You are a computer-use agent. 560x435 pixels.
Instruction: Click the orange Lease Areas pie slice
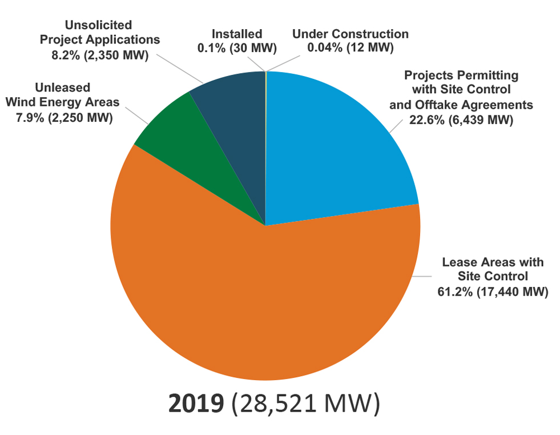click(x=263, y=309)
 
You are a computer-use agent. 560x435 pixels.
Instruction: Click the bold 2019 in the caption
click(x=195, y=404)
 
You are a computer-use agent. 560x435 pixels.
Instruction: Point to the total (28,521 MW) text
click(x=305, y=404)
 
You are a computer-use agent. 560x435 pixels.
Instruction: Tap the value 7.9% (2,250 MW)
click(x=59, y=118)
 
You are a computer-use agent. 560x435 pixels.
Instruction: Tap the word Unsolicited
click(x=98, y=26)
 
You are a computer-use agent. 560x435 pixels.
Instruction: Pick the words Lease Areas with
click(x=493, y=262)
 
